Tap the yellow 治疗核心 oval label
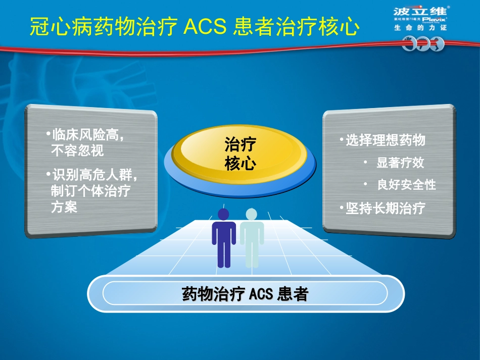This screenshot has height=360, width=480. coord(240,154)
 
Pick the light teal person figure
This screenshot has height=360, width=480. coord(252,238)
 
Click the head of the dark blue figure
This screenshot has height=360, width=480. coord(223,215)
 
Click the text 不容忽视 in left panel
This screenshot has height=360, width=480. coord(77,150)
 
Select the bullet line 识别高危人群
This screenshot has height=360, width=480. coord(94,175)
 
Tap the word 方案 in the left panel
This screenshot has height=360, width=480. coord(64,207)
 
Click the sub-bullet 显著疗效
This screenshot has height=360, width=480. coord(400,163)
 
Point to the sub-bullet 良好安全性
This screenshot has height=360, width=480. coord(406,185)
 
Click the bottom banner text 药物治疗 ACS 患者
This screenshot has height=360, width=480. coord(245,294)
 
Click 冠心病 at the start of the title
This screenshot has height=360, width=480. coord(51,26)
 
